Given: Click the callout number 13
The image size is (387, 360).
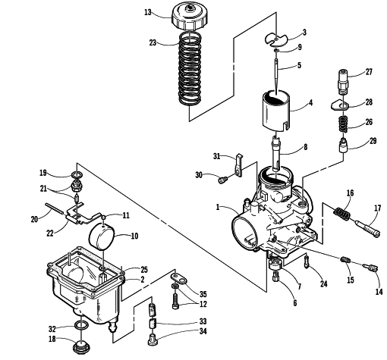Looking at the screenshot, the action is pos(147,12).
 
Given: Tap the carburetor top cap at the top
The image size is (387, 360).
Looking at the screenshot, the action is pos(190,17).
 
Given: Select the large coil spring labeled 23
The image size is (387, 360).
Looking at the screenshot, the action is pos(190,68).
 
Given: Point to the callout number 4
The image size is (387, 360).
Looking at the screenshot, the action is pos(310,103).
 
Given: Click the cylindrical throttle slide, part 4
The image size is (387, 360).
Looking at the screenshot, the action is pos(276,111).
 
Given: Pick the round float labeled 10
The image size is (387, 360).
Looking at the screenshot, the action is pos(102,236).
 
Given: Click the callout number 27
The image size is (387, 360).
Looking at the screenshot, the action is pos(369,72).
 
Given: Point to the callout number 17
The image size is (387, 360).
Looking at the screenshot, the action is pos(377,208).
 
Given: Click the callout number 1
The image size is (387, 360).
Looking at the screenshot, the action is pos(218,207).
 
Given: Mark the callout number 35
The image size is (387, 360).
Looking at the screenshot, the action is pos(203,294).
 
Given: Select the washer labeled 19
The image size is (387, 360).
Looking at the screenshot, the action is pos(77,174).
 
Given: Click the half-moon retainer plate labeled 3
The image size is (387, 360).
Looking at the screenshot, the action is pos(276,40).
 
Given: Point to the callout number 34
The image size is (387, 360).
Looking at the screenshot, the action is pos(203,331).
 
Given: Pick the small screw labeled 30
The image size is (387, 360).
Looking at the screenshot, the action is pos(223,180).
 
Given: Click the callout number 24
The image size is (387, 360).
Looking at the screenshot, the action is pos(324,283).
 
